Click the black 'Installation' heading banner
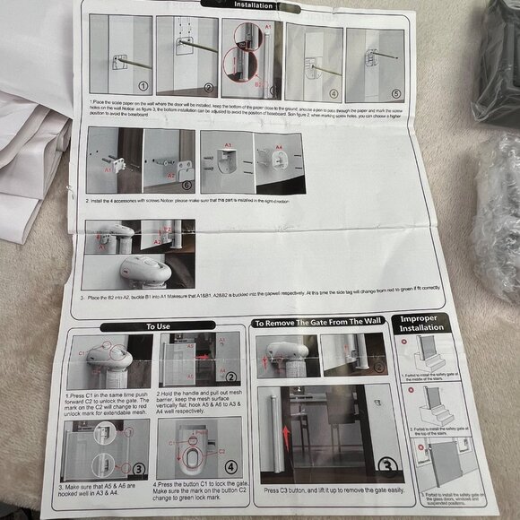tap(262, 5)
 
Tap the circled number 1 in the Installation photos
tap(142, 87)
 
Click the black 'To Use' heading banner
tap(158, 326)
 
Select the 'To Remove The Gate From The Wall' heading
tap(319, 323)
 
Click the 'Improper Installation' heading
tap(420, 323)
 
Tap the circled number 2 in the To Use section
tap(230, 378)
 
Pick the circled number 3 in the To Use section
tap(139, 468)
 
